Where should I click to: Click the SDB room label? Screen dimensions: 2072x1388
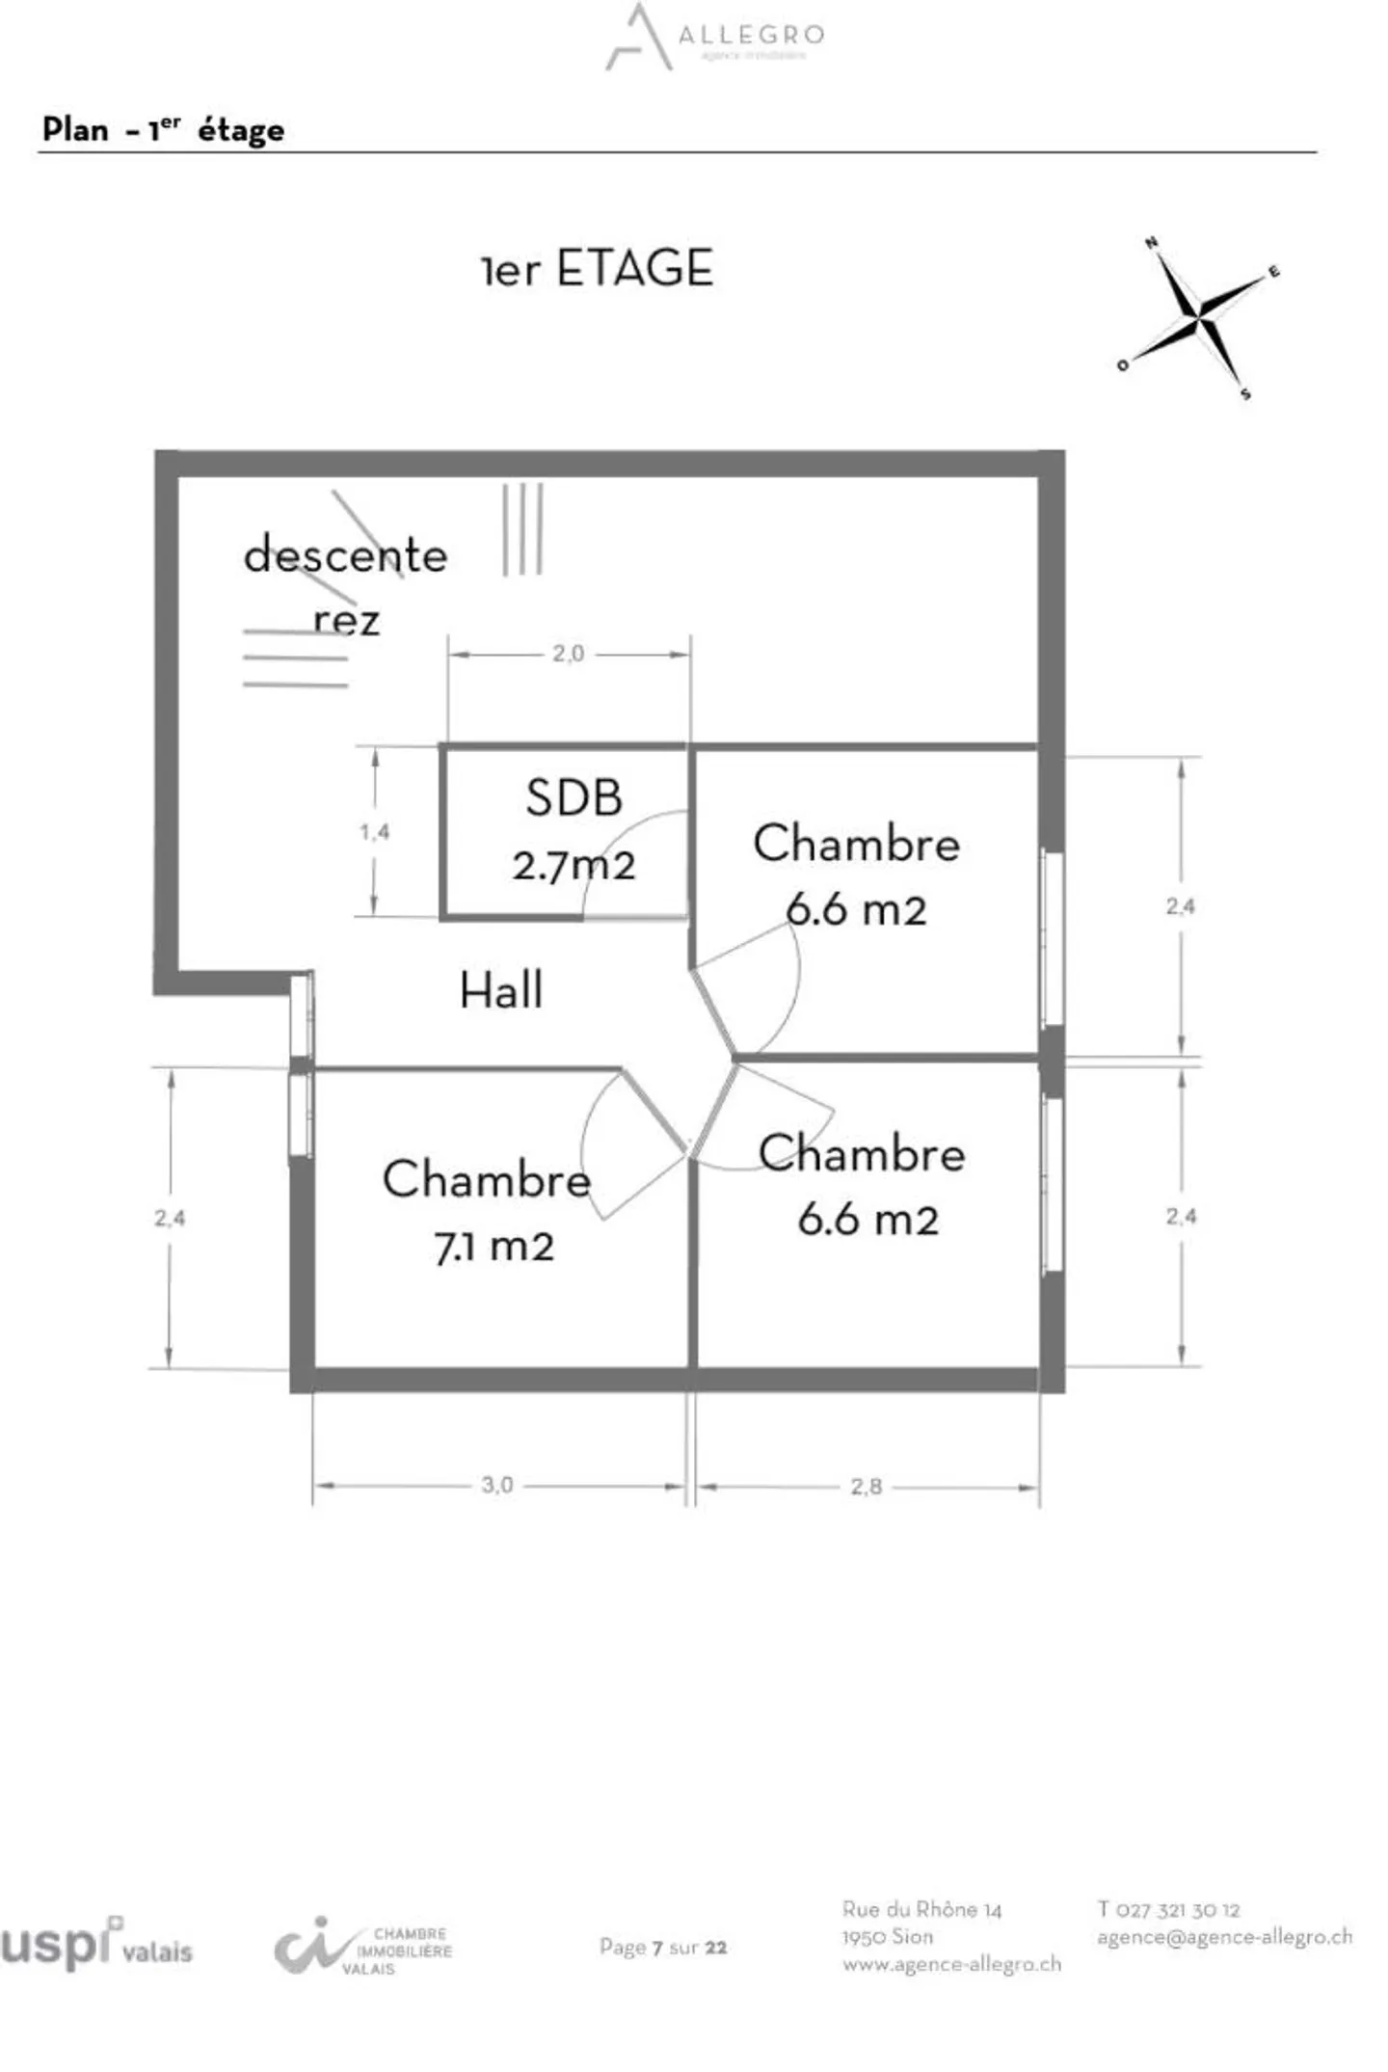574,798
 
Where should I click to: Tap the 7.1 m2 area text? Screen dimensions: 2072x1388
494,1247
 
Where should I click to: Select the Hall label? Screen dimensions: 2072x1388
501,990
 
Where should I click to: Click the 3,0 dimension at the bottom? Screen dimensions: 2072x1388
497,1485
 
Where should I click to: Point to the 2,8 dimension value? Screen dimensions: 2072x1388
866,1487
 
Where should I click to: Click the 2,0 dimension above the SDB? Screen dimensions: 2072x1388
568,654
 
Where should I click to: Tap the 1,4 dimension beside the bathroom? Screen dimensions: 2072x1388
375,831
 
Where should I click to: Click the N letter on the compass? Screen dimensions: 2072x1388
1151,243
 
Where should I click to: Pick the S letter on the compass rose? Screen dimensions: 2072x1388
1245,393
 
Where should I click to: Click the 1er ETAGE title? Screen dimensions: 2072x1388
598,268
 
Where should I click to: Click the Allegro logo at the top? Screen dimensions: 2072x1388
715,37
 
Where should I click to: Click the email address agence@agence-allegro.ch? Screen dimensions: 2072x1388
1224,1936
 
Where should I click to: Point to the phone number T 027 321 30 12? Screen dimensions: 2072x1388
1168,1909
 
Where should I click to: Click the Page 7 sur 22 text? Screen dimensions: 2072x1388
663,1947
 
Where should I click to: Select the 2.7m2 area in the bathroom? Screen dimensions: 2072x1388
574,865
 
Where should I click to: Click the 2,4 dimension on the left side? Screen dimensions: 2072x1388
170,1218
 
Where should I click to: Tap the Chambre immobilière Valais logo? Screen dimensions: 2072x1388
363,1948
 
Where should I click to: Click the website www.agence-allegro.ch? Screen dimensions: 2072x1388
951,1963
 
